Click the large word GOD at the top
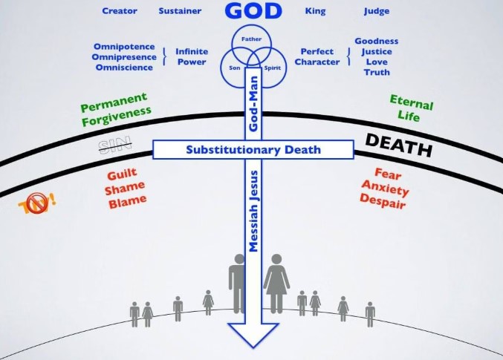coord(253,11)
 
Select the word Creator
coord(120,11)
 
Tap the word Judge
coord(377,11)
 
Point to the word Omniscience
coord(124,68)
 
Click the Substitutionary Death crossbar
coord(253,150)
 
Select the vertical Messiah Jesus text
coord(253,212)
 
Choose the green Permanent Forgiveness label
coord(115,106)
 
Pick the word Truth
coord(377,73)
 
